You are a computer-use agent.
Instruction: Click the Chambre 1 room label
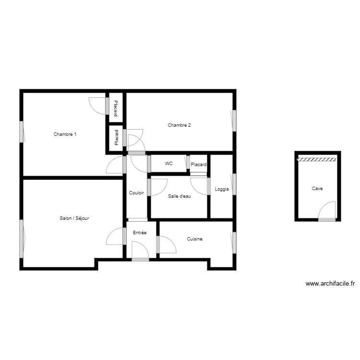coord(65,134)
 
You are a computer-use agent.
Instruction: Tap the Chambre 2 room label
coord(179,125)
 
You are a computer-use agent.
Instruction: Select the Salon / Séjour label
coord(74,218)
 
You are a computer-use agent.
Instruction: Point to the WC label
coord(168,164)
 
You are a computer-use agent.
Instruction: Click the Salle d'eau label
coord(180,196)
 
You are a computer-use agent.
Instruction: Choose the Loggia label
coord(222,189)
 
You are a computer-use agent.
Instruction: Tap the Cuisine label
coord(194,239)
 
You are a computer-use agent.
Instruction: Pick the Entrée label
coord(140,233)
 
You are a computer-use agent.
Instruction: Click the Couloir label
coord(137,193)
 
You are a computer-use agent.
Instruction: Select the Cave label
coord(317,189)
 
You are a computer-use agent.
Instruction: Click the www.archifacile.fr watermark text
coord(330,284)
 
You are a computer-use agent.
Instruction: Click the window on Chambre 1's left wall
coord(22,132)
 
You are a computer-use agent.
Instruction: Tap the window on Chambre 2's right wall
coord(234,120)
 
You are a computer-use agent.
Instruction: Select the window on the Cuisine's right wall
coord(234,243)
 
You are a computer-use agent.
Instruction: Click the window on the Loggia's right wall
coord(234,184)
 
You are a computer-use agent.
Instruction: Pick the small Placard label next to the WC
coord(199,165)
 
